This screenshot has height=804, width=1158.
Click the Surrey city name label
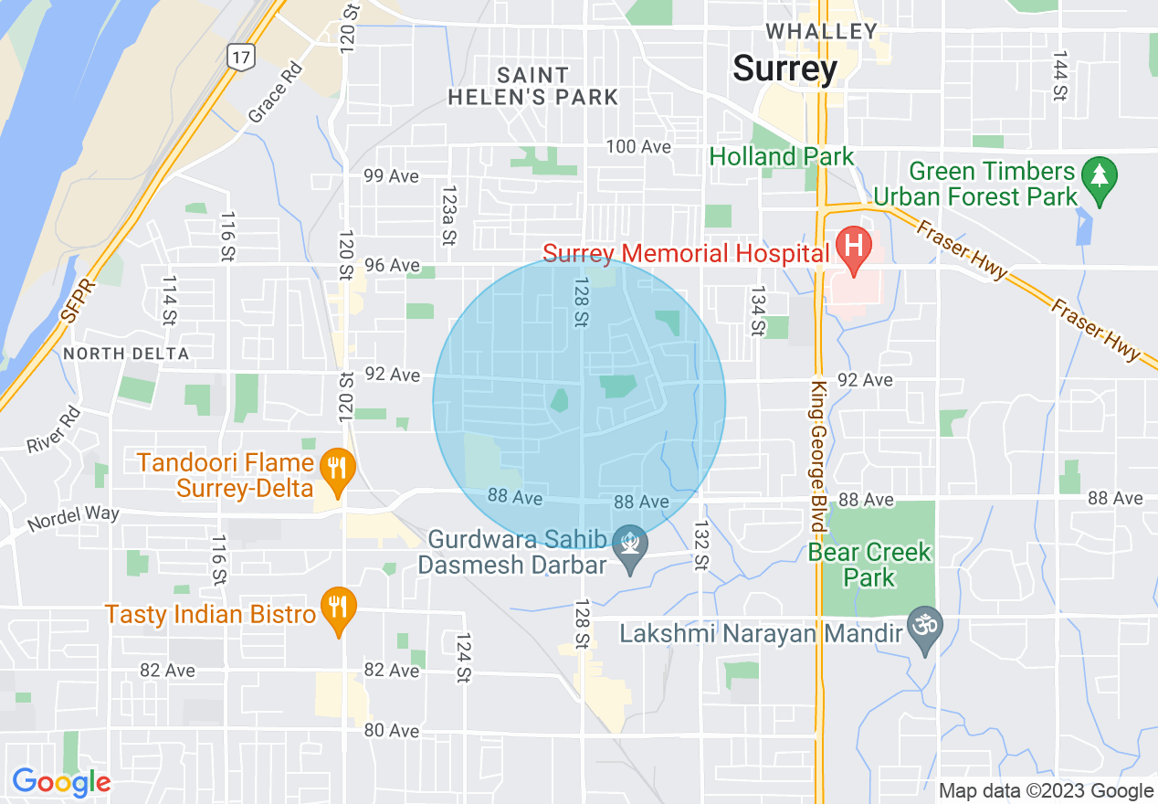[784, 69]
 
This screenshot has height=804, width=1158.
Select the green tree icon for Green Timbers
[1100, 174]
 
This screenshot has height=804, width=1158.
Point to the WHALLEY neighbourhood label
[822, 31]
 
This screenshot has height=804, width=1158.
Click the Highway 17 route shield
[240, 57]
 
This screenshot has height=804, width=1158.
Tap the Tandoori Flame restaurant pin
[339, 468]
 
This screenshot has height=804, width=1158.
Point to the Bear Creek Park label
[869, 565]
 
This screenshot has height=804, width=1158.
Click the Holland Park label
[782, 157]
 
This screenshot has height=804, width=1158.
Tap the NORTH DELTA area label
[126, 354]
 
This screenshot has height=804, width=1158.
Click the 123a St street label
[447, 216]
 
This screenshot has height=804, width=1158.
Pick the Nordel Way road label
[73, 519]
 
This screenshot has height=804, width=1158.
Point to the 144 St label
[1059, 76]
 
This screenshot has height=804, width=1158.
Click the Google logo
[61, 782]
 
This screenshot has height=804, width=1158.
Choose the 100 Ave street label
[640, 147]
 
